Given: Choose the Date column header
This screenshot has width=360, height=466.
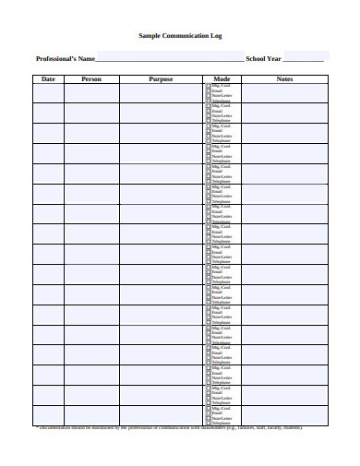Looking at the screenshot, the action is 49,79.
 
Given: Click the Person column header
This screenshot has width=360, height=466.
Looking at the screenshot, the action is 91,79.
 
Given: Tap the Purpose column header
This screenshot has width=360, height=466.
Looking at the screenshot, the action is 161,79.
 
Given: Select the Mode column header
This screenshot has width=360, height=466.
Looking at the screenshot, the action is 222,79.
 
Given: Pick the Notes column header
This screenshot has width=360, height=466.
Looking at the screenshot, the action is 284,79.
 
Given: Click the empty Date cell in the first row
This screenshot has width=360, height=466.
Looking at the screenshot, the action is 49,92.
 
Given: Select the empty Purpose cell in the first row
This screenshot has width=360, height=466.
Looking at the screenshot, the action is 161,92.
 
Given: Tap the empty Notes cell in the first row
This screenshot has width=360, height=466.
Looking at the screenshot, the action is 284,92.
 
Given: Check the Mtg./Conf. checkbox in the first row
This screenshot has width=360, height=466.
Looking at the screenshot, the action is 208,85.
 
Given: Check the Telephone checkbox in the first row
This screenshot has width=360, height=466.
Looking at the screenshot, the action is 208,100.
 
